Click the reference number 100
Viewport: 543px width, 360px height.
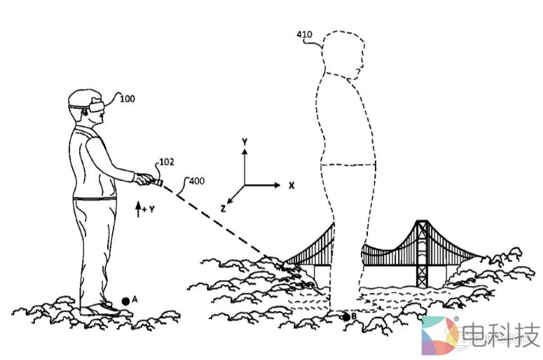tap(127, 99)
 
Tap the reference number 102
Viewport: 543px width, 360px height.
tap(167, 162)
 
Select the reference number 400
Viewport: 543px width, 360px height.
tap(197, 181)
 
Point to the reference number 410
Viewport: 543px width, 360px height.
tap(304, 34)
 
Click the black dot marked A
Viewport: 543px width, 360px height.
tap(125, 301)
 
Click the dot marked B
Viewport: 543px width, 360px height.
tap(346, 317)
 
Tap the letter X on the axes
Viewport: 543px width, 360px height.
tap(291, 186)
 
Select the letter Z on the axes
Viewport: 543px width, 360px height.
tap(224, 209)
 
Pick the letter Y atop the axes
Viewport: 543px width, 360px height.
tap(245, 142)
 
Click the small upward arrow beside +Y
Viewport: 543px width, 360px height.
tap(138, 209)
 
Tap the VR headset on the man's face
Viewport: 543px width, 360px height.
tap(97, 106)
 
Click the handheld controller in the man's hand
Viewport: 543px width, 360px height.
tap(157, 182)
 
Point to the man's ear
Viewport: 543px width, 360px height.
tap(84, 113)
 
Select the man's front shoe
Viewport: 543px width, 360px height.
tap(104, 310)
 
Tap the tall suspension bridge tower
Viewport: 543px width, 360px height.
tap(422, 254)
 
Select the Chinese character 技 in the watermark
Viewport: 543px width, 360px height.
tap(526, 335)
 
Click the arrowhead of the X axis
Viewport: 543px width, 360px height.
tap(277, 186)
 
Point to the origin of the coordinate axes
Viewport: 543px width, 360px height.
tap(245, 186)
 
